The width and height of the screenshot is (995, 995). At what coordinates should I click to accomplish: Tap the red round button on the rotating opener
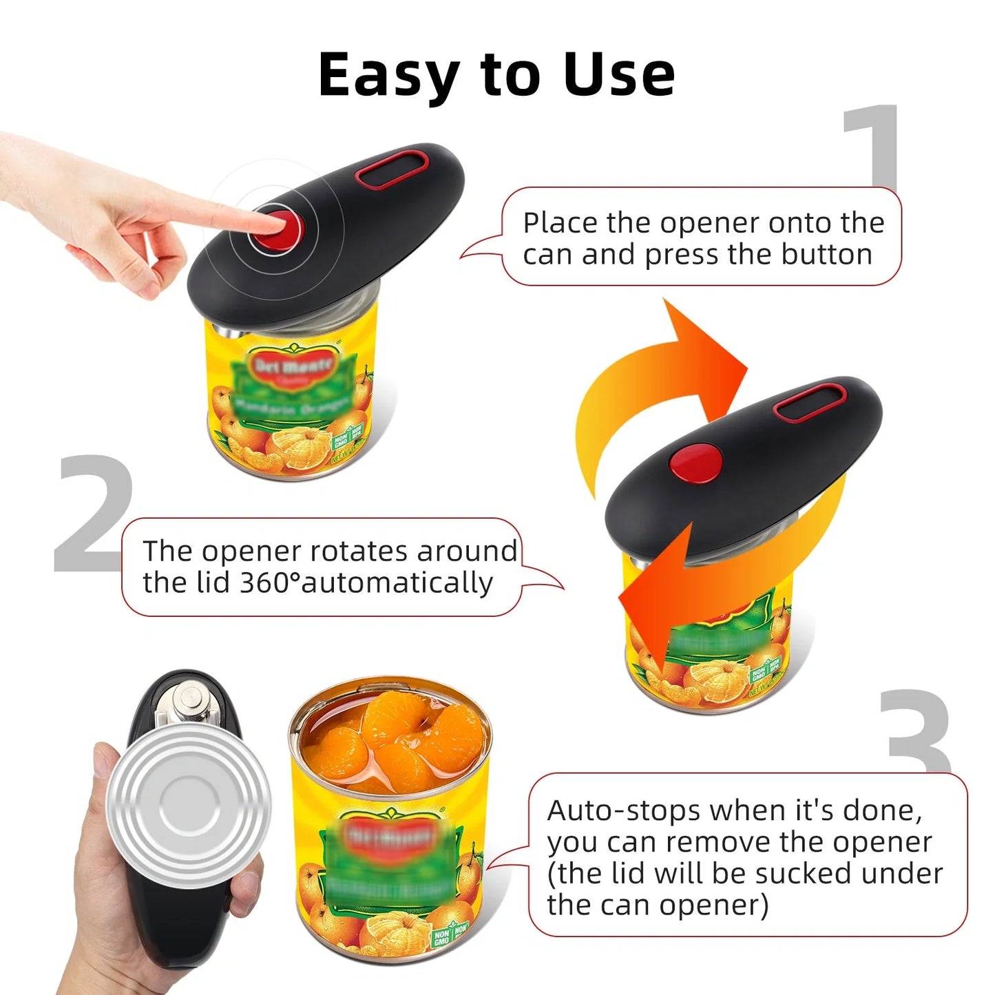point(695,462)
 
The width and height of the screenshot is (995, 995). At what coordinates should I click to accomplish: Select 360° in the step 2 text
point(269,583)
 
